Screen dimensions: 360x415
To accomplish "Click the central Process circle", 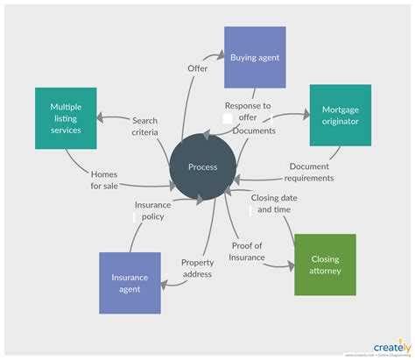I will click(201, 166).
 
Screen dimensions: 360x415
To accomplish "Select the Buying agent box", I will click(255, 58).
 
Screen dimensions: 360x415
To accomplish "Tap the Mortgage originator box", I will click(340, 115).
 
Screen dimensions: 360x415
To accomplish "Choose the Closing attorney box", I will click(325, 265).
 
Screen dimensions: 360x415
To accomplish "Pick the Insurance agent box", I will click(130, 283).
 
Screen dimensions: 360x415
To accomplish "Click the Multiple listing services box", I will click(66, 117).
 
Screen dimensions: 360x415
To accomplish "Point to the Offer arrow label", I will click(198, 67).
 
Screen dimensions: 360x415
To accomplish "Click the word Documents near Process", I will click(255, 131).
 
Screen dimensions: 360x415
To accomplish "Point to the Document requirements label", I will click(309, 172).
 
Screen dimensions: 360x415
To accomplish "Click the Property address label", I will click(197, 268).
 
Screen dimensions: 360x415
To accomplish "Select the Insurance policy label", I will click(152, 211).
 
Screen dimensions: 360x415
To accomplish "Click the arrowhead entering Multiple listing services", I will click(100, 117).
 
